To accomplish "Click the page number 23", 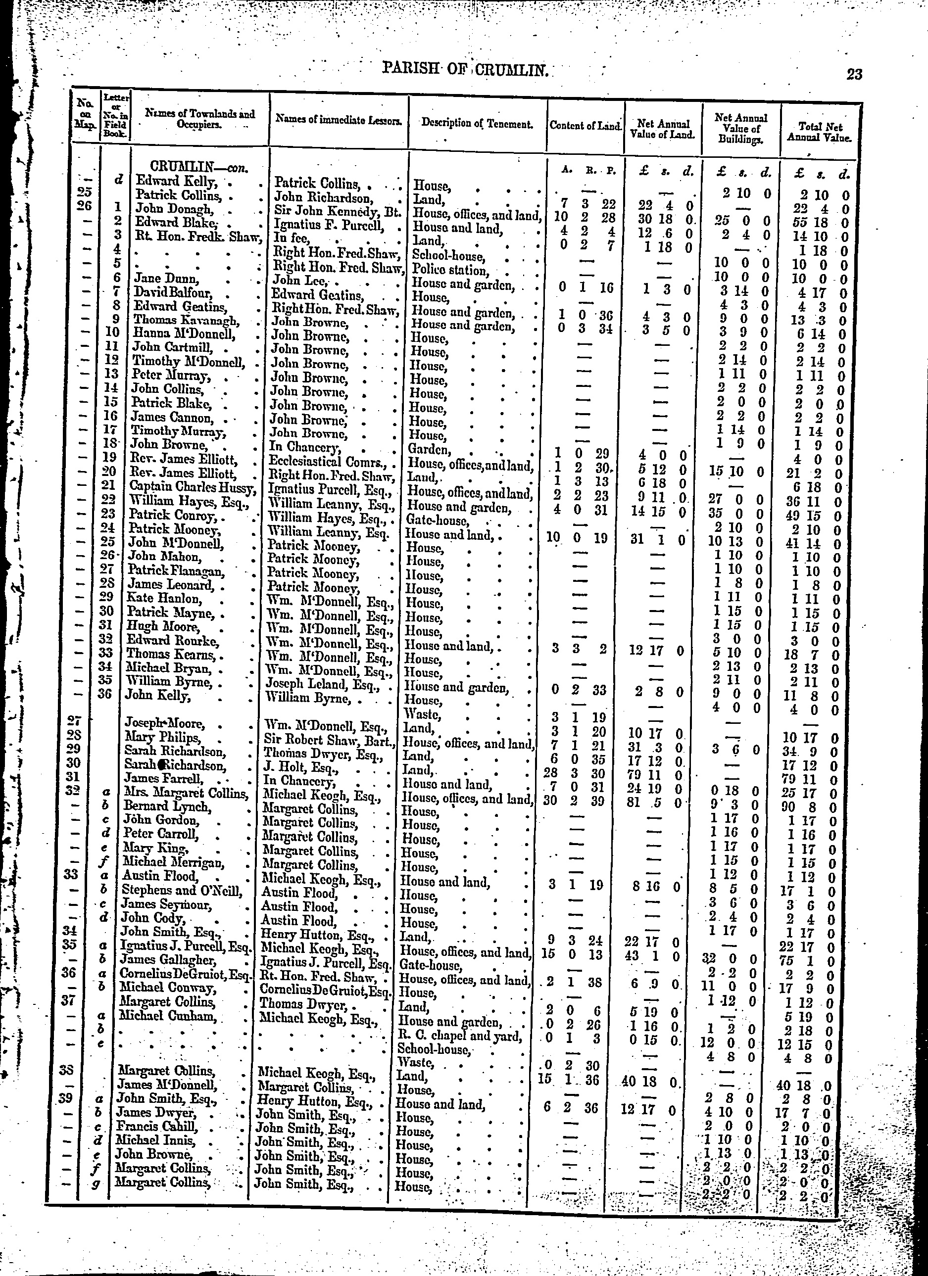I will click(x=854, y=74).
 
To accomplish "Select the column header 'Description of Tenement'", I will click(x=477, y=124).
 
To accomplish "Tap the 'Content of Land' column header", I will click(x=586, y=126).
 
